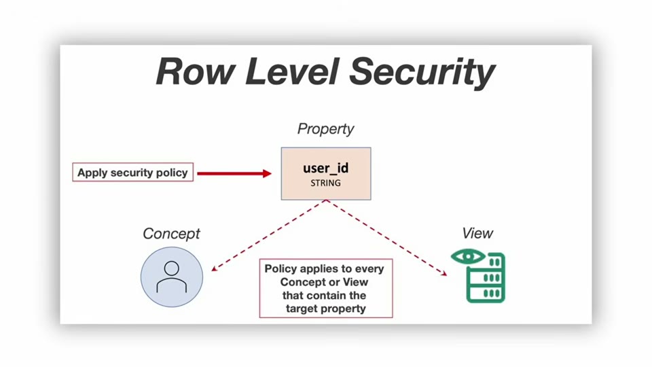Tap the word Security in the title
coord(422,73)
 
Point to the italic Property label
coord(325,129)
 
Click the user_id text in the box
coord(325,168)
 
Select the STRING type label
coord(325,183)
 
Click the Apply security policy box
coord(132,172)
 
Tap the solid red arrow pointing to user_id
coord(234,173)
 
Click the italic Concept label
coord(171,234)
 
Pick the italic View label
coord(477,233)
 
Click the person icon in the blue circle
coord(172,277)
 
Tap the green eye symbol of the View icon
coord(468,256)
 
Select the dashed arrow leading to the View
coord(386,238)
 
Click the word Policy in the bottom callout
coord(280,269)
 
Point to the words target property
coord(325,309)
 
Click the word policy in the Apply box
coord(170,173)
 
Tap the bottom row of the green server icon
coord(486,294)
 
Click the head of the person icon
coord(172,268)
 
